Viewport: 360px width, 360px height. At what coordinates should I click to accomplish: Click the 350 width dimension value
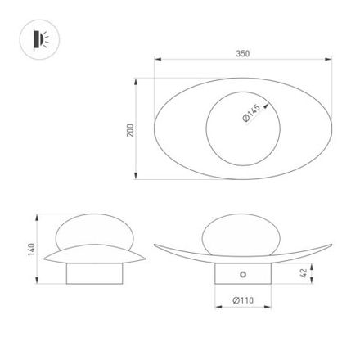tap(242, 53)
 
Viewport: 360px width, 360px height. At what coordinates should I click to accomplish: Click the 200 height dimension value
tap(130, 130)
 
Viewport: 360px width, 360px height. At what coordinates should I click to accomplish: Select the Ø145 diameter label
tap(252, 115)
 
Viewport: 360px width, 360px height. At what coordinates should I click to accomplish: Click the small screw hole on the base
tap(242, 272)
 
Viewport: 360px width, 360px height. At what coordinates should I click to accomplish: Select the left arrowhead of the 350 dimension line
tap(156, 60)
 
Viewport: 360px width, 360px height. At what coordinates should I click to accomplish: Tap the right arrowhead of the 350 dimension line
tap(330, 60)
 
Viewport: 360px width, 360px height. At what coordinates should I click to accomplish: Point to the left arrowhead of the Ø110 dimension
tap(217, 308)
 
